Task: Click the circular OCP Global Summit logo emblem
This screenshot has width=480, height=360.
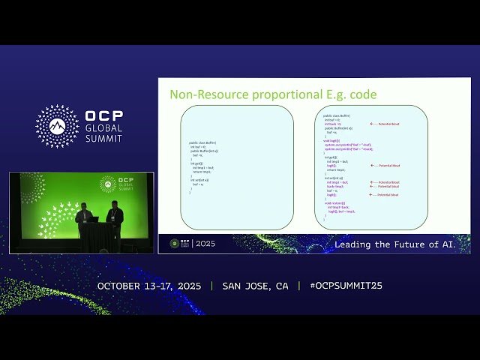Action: [x=57, y=126]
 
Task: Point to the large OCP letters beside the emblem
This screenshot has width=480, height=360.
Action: [x=104, y=117]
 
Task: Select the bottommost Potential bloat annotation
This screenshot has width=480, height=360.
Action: [x=385, y=195]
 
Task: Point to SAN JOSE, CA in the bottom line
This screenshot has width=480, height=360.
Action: [x=255, y=286]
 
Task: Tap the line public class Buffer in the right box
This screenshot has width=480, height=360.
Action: [x=337, y=115]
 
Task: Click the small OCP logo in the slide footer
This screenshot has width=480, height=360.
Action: [x=175, y=244]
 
